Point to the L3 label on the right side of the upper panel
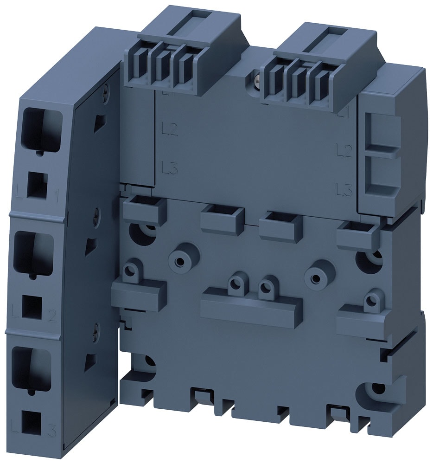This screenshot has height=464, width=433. click(344, 189)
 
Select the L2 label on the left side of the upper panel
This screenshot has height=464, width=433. click(170, 129)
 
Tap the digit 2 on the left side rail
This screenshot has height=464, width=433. click(52, 316)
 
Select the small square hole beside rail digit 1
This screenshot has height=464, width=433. click(37, 186)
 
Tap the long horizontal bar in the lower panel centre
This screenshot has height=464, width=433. click(252, 307)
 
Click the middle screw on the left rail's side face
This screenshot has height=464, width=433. click(96, 214)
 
